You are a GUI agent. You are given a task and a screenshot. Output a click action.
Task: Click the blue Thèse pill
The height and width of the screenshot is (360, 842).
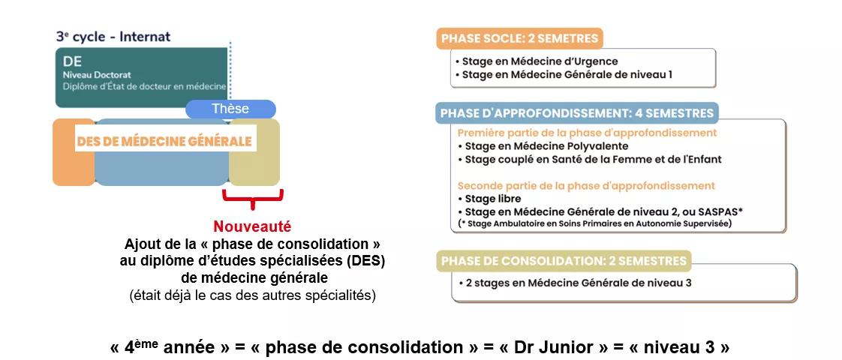pos(230,109)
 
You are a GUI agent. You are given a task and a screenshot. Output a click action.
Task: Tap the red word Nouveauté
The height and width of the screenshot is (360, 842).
pos(252,226)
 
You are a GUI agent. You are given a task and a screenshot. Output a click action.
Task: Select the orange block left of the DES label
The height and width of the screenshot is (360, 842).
pos(73,151)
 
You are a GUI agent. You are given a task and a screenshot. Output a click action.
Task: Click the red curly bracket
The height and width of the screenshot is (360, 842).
pos(252,198)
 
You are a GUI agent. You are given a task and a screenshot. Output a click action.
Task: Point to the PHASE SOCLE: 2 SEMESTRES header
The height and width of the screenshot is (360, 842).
pos(519,38)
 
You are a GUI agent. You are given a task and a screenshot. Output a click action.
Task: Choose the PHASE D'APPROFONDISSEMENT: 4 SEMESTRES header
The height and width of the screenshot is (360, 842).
pos(576,113)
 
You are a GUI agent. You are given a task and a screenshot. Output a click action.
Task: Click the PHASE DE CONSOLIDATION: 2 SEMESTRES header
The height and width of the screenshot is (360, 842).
pos(563,261)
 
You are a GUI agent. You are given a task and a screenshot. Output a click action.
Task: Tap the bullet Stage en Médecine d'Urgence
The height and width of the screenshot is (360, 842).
pos(540,61)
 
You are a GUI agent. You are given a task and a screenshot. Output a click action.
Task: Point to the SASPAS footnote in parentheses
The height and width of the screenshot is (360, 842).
pos(594,223)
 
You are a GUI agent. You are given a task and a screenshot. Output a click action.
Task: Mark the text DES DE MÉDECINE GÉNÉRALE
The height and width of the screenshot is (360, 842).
pos(164,141)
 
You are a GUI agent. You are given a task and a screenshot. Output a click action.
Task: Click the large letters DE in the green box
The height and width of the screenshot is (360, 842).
pos(73,62)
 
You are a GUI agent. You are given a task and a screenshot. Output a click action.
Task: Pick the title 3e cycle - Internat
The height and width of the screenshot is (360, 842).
pos(113,36)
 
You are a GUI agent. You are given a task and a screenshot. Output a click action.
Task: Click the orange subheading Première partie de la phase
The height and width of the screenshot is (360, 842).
pos(587,133)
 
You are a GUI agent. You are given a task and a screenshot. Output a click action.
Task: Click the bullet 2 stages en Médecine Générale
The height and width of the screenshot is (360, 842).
pos(575,283)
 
